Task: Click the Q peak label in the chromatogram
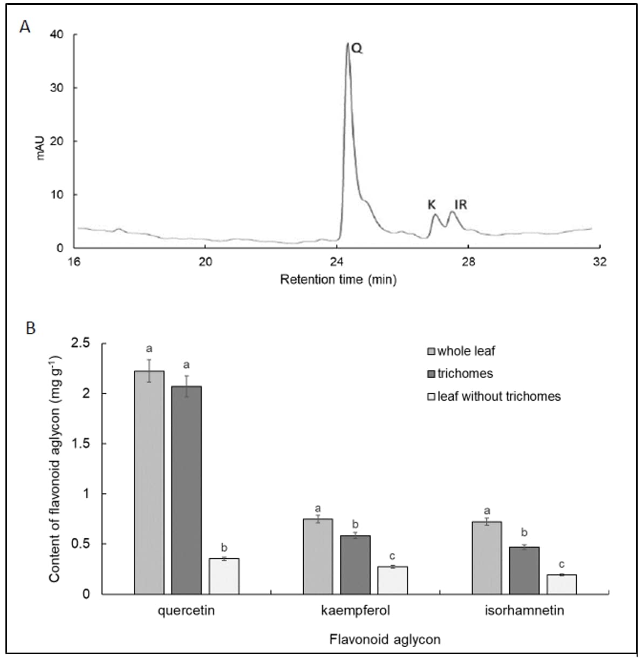(x=357, y=49)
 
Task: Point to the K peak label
(x=432, y=205)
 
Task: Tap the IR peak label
(x=460, y=205)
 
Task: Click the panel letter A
(x=25, y=26)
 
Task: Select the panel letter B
(x=31, y=328)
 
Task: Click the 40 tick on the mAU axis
(x=57, y=35)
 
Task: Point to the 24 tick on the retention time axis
(x=337, y=262)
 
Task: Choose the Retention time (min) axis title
(x=338, y=280)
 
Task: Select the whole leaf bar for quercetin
(x=149, y=482)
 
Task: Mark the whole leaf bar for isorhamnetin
(x=487, y=558)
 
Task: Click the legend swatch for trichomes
(x=431, y=374)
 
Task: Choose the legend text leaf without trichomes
(x=499, y=396)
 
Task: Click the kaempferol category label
(x=355, y=611)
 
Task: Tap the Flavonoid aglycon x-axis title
(x=385, y=640)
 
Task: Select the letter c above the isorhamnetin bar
(x=562, y=565)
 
